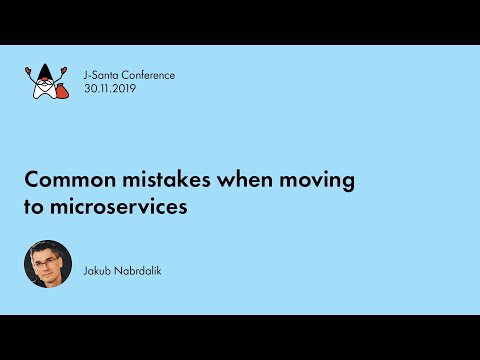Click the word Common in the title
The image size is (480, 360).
pyautogui.click(x=62, y=181)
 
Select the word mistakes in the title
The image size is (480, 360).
pyautogui.click(x=145, y=181)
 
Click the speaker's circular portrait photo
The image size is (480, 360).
pyautogui.click(x=48, y=265)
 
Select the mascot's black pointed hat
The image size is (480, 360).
pyautogui.click(x=44, y=70)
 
